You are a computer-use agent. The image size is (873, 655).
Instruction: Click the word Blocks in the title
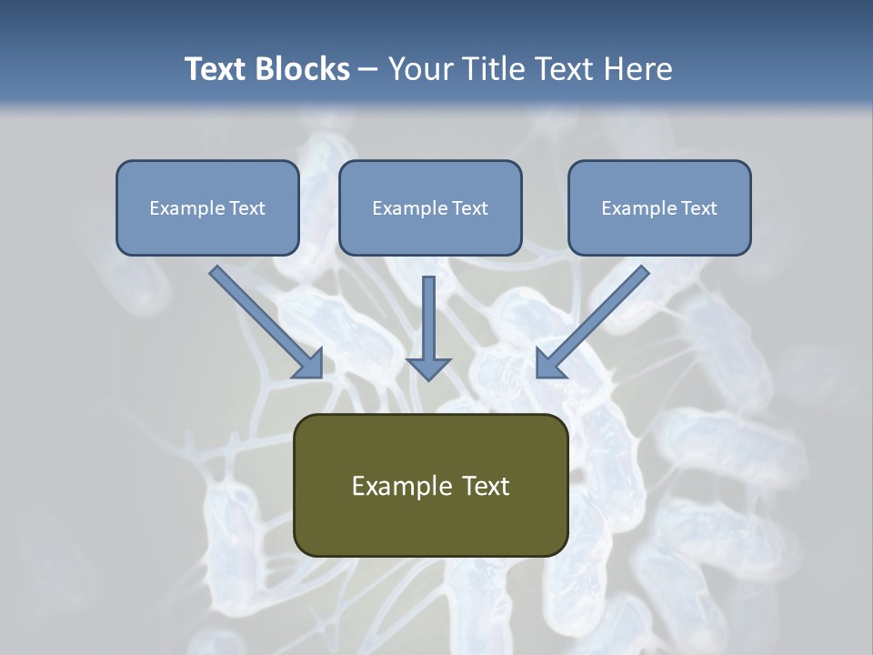(x=303, y=69)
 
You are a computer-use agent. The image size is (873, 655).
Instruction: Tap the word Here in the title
(x=639, y=69)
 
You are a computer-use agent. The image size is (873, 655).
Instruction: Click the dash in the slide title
(x=368, y=70)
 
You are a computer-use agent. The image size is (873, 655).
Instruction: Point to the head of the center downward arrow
(x=428, y=368)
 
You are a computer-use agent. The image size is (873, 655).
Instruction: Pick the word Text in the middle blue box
(x=470, y=208)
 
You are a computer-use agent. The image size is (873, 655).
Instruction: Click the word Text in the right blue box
(x=699, y=208)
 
